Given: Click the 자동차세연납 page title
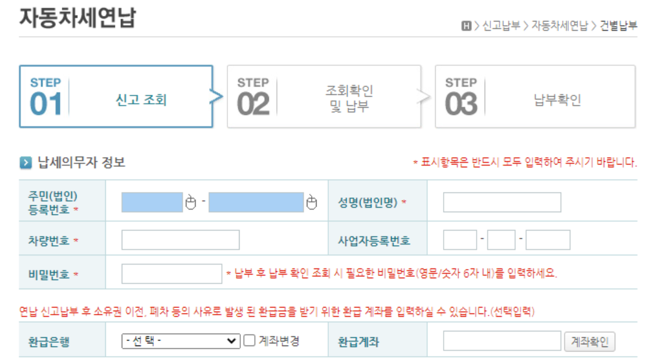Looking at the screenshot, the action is (x=77, y=17).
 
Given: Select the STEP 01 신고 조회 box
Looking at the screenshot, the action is (x=116, y=97).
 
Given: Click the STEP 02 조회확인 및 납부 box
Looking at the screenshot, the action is (x=324, y=97).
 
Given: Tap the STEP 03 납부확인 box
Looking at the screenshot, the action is (x=532, y=97).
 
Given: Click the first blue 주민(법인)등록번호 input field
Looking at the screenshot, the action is (x=152, y=202).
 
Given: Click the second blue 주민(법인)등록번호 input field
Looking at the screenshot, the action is (x=256, y=202).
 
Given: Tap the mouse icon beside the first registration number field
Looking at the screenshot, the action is (x=191, y=202).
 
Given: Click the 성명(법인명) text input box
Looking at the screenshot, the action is (x=502, y=202).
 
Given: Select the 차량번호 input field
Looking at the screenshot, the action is (x=180, y=240).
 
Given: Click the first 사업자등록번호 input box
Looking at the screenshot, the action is (x=460, y=240).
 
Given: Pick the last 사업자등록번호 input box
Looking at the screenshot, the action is (x=548, y=240).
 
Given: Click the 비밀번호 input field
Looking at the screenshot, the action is (x=172, y=274).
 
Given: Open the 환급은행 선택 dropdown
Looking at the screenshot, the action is (x=181, y=341).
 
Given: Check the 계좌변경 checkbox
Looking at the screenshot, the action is (x=249, y=341).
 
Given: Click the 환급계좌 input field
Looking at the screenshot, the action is (x=502, y=341).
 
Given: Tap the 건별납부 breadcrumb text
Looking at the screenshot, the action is (x=618, y=26).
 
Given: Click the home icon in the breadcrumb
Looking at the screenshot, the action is (x=466, y=26).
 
